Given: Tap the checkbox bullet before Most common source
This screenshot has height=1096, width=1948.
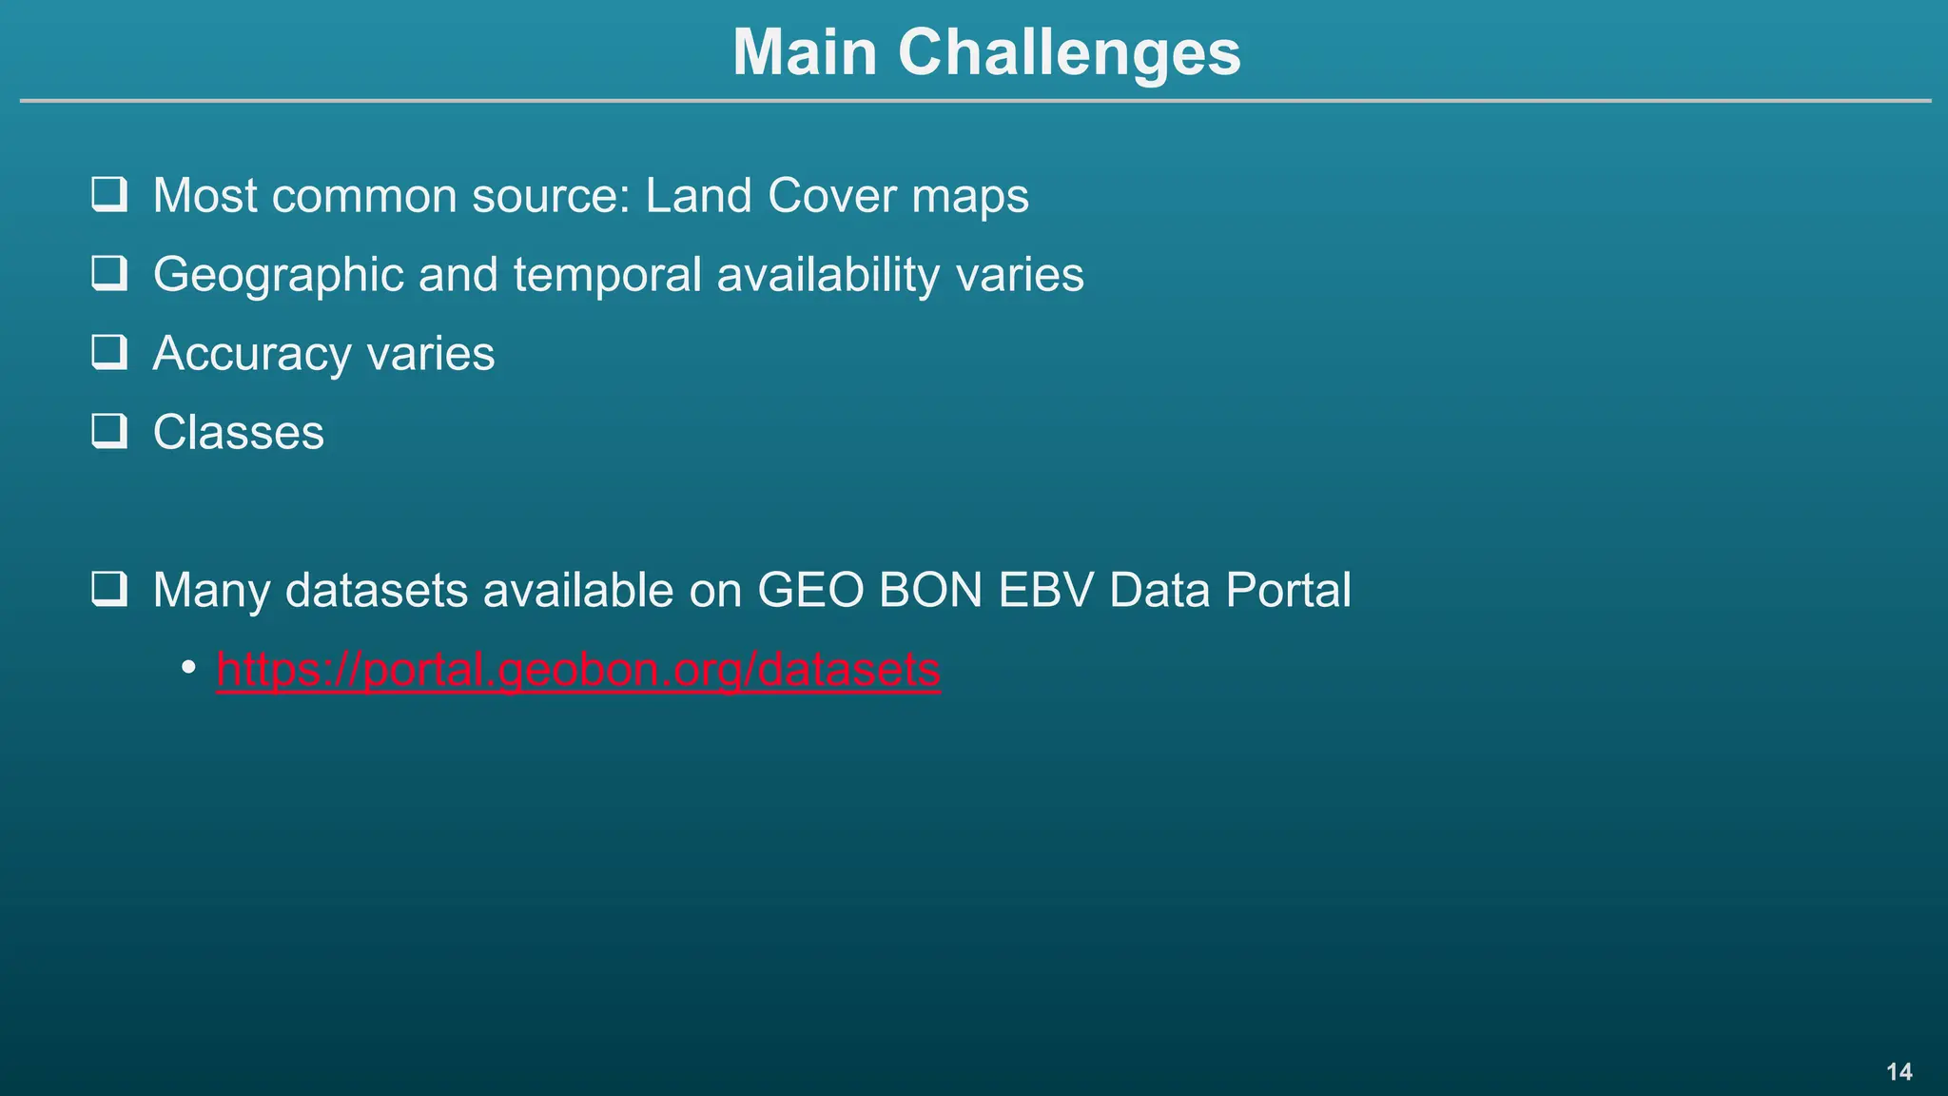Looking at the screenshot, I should click(109, 194).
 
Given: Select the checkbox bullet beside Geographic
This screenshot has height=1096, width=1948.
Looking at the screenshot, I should click(109, 273).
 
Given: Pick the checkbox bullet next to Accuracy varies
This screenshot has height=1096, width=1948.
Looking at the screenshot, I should click(109, 352).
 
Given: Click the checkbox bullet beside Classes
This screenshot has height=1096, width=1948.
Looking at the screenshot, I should click(109, 431).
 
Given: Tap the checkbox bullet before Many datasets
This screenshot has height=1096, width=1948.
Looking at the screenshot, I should click(109, 589).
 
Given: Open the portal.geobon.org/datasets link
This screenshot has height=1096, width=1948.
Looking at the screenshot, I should click(578, 669).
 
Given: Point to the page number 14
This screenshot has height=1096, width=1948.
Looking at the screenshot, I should click(1899, 1072).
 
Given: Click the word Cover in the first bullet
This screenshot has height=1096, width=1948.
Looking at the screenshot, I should click(831, 196).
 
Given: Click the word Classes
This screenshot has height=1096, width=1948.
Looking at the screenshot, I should click(239, 433).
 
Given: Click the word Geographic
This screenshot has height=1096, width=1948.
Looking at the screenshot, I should click(279, 276).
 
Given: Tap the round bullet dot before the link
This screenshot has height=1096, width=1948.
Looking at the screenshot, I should click(189, 667).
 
